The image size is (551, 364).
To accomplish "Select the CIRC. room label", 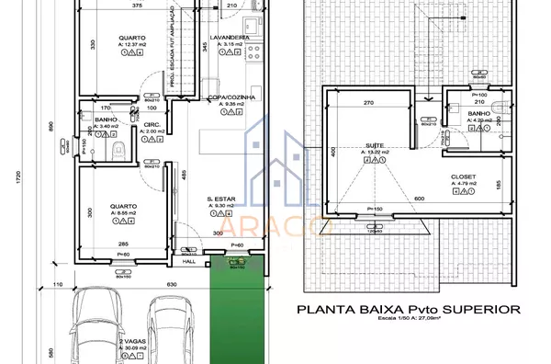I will (152, 123).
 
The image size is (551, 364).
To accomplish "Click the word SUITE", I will (374, 145).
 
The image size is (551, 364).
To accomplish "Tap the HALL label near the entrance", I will (190, 260).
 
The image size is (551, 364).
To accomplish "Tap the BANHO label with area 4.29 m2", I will (479, 112).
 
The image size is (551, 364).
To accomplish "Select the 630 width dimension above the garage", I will (170, 285).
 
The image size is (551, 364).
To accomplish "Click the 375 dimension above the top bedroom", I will (136, 6).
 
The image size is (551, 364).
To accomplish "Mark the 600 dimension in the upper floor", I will (418, 199).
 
